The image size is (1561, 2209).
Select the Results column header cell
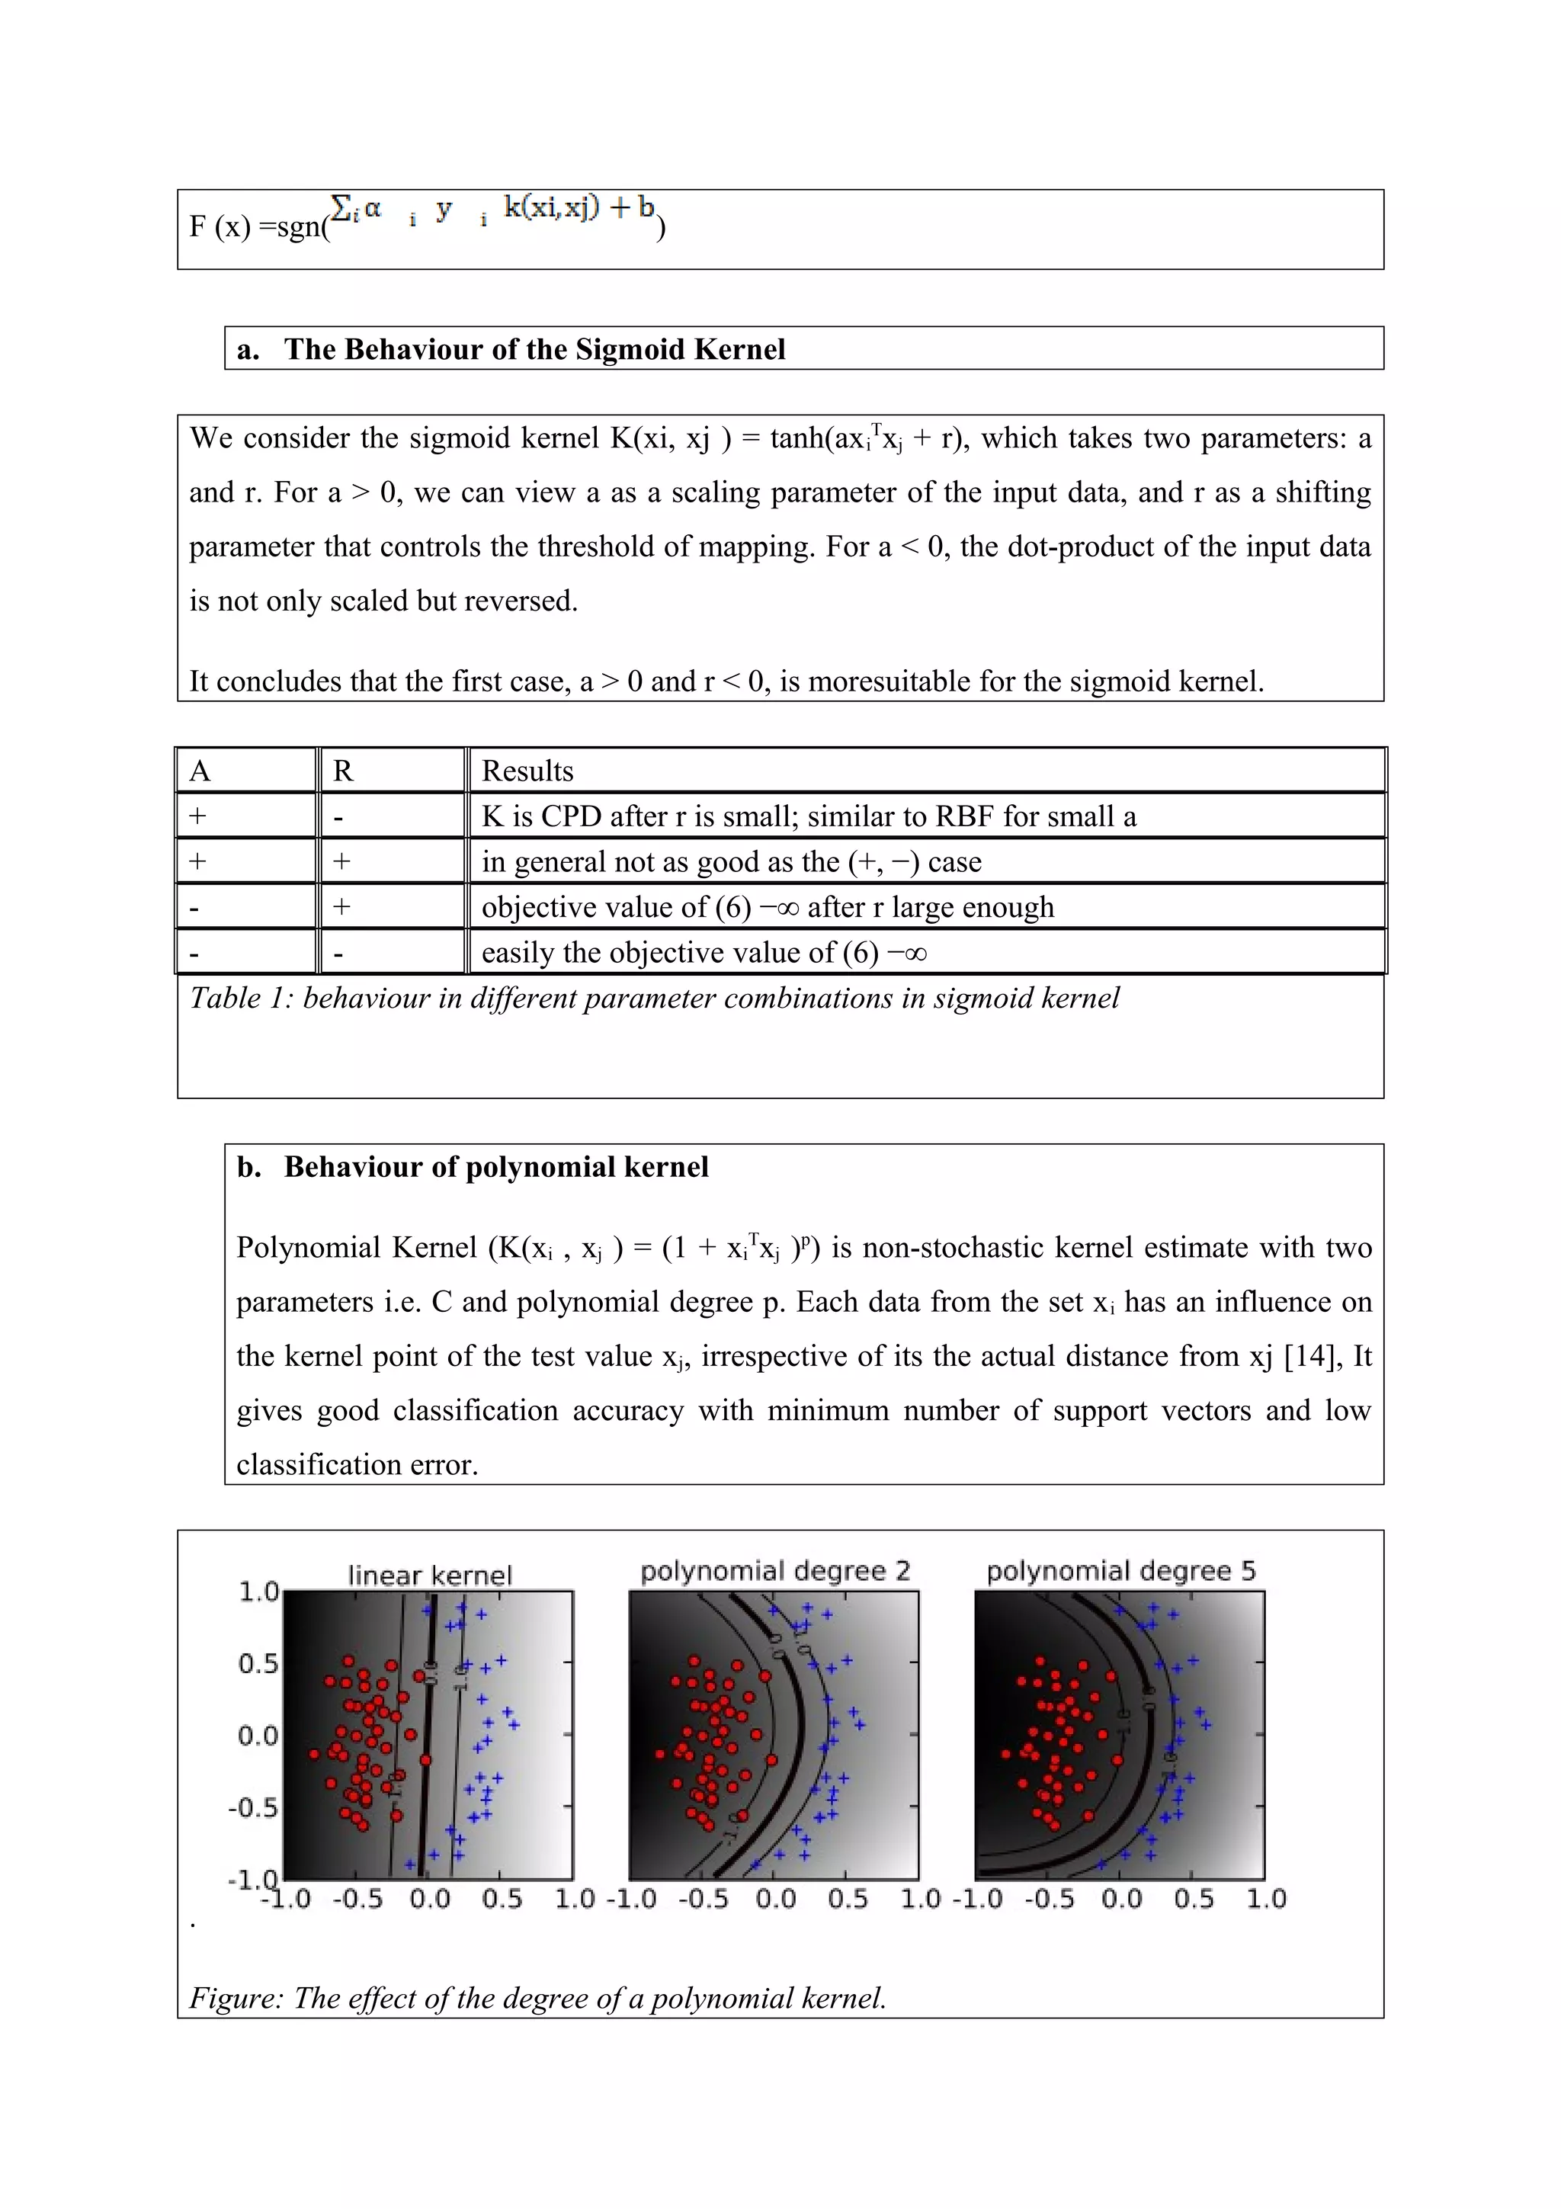527,771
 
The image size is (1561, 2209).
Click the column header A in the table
200,771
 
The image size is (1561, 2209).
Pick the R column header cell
343,771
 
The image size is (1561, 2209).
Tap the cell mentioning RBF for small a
808,816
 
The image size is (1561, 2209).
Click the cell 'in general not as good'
731,861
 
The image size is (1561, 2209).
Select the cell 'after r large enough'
768,906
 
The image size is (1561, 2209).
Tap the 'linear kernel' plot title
430,1575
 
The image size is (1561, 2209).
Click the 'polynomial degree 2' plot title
775,1570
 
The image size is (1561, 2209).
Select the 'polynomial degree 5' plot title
1120,1570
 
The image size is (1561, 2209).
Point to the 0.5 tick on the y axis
258,1663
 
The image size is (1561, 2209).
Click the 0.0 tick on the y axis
258,1736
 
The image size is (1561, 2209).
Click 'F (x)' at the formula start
220,226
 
